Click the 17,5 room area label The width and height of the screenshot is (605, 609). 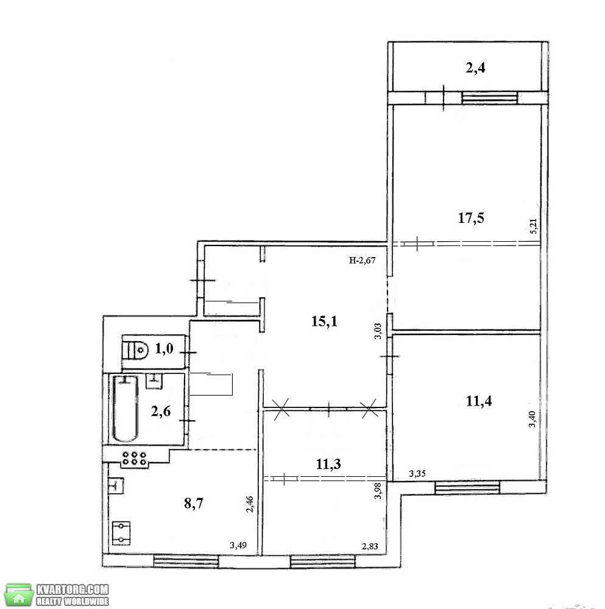tap(471, 218)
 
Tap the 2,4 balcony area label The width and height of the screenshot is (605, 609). tap(475, 68)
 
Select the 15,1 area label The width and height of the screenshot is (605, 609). tap(325, 322)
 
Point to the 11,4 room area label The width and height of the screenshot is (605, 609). tap(479, 401)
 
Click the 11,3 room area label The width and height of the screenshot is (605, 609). tap(328, 463)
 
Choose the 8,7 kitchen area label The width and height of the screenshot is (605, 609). tap(194, 504)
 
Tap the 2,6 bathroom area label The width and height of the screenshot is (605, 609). tap(161, 411)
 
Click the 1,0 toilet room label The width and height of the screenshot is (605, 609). tap(164, 349)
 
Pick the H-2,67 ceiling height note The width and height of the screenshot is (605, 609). tap(362, 260)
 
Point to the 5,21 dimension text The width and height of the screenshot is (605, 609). tap(533, 226)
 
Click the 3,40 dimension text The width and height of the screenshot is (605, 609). tap(532, 419)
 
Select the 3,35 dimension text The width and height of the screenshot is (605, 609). tap(417, 473)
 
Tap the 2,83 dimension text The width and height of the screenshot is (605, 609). tap(370, 546)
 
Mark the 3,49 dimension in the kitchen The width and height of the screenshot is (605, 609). tap(238, 545)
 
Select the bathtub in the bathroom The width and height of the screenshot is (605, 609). tap(125, 409)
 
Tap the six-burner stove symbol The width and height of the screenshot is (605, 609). tap(134, 459)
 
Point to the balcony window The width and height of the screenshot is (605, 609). tap(490, 97)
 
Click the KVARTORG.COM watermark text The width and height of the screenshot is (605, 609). tap(73, 589)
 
